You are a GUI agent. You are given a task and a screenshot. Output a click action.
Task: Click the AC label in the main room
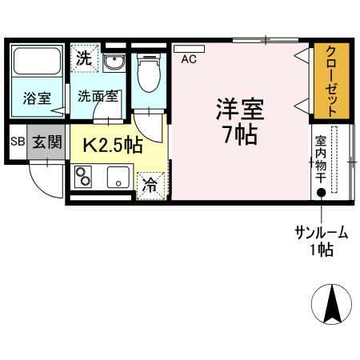(190, 58)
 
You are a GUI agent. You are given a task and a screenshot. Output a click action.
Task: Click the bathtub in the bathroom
(37, 65)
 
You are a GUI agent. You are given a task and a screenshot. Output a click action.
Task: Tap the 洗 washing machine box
(84, 58)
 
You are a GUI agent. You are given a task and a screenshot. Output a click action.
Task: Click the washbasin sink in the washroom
(114, 62)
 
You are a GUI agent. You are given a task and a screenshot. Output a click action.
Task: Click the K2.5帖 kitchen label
(114, 146)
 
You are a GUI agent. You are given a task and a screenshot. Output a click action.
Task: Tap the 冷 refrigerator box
(150, 184)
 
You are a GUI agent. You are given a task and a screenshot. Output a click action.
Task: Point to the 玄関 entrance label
(47, 142)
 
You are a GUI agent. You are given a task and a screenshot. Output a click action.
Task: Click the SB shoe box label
(18, 142)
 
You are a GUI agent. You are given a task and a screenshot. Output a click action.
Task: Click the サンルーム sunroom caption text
(322, 234)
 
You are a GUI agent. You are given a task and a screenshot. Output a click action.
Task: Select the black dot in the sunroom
(322, 192)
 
